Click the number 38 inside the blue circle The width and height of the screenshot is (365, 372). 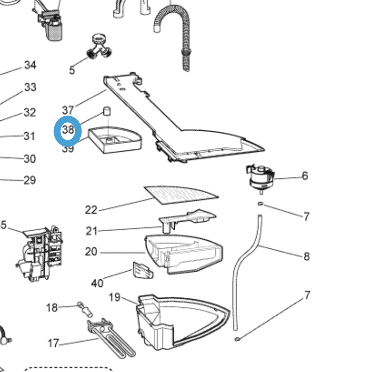(x=68, y=130)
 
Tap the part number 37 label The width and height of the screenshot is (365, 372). (x=68, y=110)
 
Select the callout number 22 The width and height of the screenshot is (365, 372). (x=91, y=210)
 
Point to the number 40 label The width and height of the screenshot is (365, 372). (x=97, y=283)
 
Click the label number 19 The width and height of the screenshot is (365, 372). (x=115, y=297)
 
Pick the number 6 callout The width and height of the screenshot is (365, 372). (x=305, y=176)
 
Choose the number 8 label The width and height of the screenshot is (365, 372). (x=307, y=257)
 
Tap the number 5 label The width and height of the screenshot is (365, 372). (x=72, y=70)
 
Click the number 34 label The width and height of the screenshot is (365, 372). (x=30, y=65)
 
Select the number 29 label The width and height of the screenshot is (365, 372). (x=29, y=181)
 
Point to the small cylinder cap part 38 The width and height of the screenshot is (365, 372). (x=107, y=111)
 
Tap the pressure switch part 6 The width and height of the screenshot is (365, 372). (x=259, y=177)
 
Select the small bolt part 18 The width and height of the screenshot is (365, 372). (x=85, y=309)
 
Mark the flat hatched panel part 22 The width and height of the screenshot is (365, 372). (x=181, y=195)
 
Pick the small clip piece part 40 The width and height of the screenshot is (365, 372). (x=143, y=270)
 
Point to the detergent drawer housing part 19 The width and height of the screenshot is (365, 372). (x=181, y=321)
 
